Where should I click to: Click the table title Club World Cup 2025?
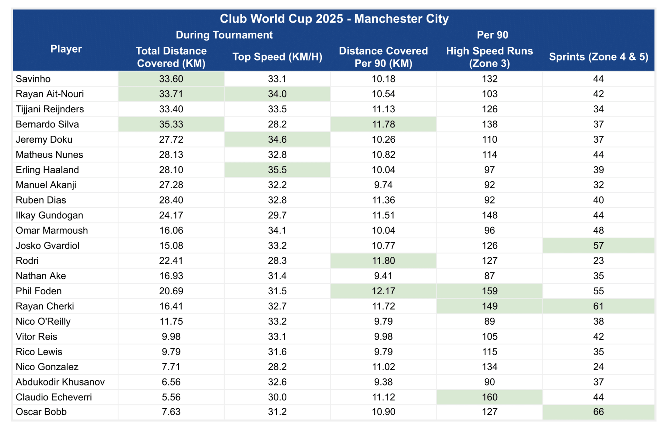281,19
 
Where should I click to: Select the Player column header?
66,49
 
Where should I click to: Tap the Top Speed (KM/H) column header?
277,57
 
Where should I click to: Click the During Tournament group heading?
224,35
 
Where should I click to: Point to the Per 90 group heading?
492,35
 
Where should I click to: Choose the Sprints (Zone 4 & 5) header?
598,57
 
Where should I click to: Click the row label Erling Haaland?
47,170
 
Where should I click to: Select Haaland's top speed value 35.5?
277,170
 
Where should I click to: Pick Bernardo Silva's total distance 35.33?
171,124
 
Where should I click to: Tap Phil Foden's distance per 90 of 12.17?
383,291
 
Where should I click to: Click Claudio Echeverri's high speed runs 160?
490,397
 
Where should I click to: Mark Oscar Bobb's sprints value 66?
598,412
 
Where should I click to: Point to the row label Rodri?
27,261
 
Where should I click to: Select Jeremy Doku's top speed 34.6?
277,140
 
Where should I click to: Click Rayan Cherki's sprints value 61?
598,306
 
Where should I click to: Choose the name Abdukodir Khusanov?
60,382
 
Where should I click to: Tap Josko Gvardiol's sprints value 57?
598,246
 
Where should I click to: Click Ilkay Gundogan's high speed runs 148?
490,215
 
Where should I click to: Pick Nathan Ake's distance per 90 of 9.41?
383,276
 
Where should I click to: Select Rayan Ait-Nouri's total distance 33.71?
171,94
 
